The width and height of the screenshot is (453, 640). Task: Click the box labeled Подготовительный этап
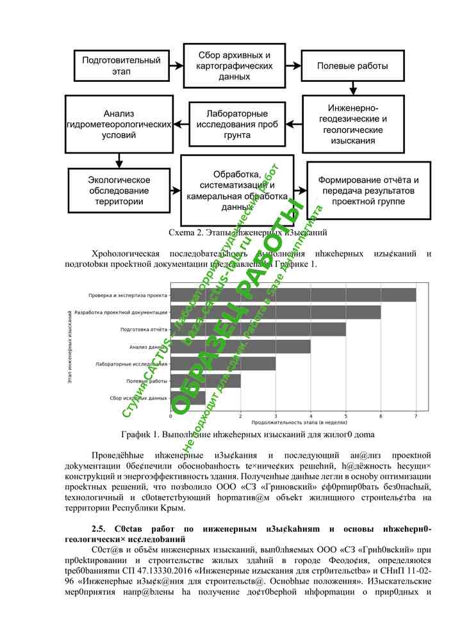121,66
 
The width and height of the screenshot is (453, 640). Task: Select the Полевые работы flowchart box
352,65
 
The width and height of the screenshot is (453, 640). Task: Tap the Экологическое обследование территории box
119,191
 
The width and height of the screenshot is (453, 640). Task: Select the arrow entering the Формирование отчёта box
300,190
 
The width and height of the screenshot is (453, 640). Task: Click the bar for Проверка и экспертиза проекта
293,295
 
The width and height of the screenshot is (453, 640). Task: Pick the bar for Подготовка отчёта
258,330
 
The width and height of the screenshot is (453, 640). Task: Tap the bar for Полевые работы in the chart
205,381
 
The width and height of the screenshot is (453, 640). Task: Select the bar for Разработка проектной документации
276,312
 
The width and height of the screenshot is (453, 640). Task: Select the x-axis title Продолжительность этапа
290,422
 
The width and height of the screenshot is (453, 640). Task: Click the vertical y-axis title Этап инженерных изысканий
69,347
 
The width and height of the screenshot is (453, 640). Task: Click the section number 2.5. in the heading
99,529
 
